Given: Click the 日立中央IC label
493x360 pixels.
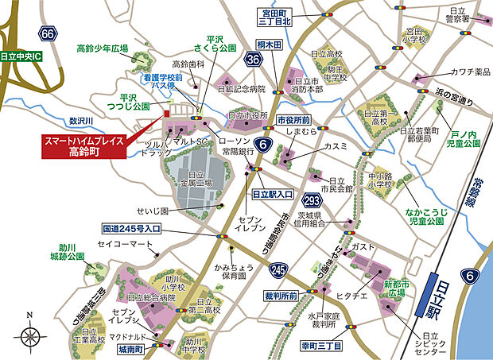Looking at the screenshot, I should tap(25, 58).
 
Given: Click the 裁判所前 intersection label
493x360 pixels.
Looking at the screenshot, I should tap(281, 296).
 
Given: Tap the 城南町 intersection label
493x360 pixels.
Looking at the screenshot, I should tap(133, 348).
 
